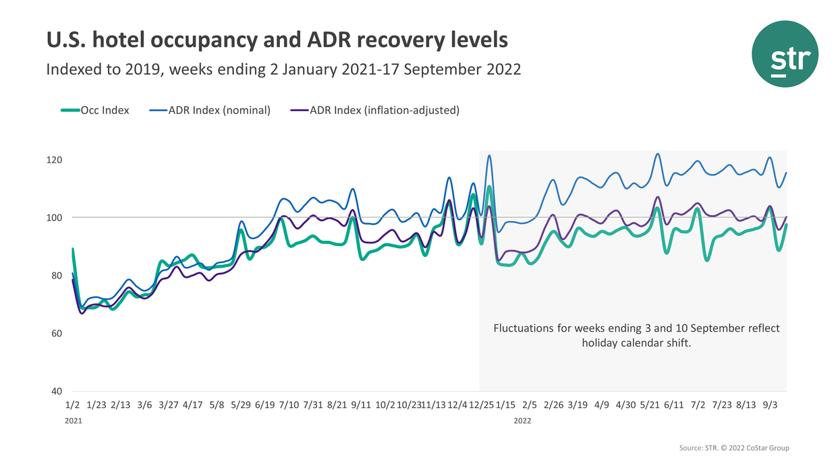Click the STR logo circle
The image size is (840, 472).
click(x=785, y=54)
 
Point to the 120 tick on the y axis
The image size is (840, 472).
click(x=54, y=160)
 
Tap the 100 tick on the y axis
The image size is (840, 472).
click(x=54, y=218)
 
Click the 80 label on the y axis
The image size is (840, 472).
click(x=56, y=276)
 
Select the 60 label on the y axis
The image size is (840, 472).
click(x=56, y=334)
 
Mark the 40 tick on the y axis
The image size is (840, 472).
click(x=56, y=392)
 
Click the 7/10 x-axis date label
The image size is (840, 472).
click(x=289, y=405)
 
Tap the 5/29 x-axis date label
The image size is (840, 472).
click(x=241, y=405)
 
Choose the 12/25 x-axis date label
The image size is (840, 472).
click(x=480, y=405)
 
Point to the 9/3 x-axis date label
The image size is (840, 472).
click(x=770, y=405)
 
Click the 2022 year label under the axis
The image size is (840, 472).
click(x=522, y=421)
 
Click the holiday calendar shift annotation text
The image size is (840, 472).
click(x=636, y=336)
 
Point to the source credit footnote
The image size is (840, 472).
click(x=733, y=448)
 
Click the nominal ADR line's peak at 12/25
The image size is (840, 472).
click(x=489, y=156)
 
